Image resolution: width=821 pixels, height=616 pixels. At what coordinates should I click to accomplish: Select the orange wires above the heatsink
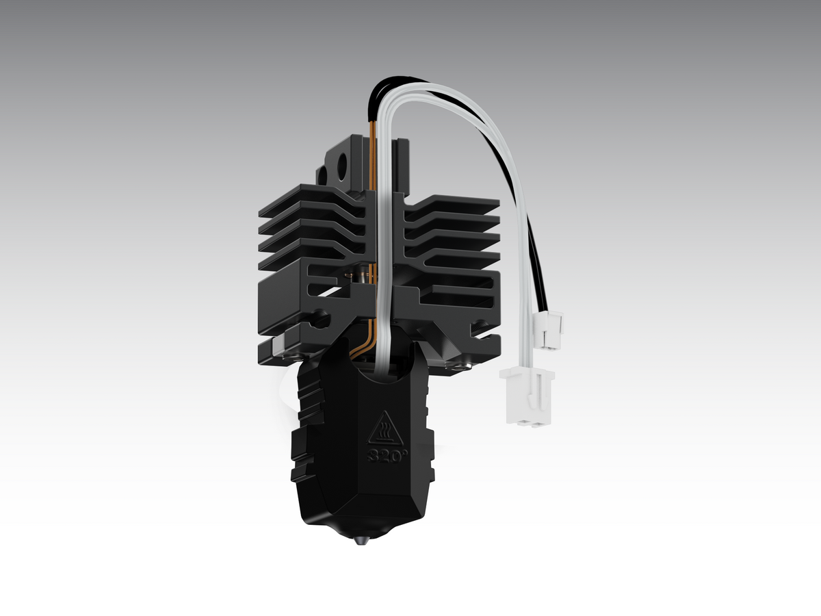[372, 157]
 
